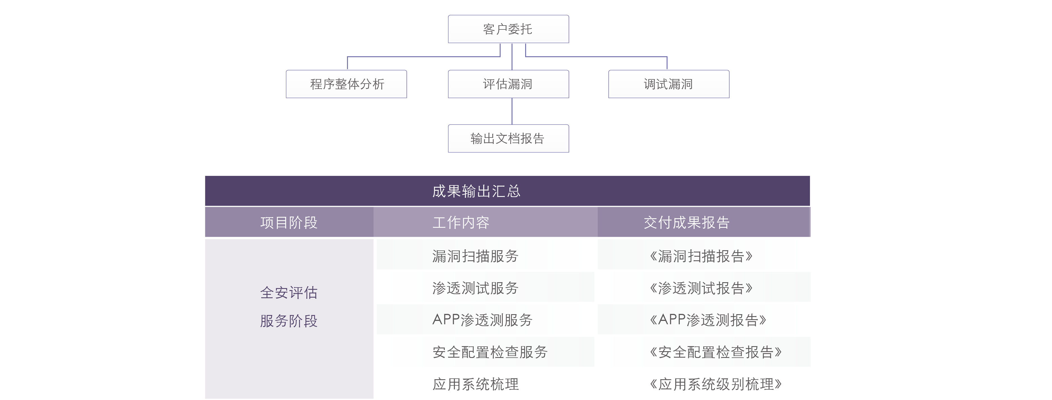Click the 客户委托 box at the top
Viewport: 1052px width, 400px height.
tap(508, 29)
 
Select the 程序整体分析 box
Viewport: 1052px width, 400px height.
tap(346, 84)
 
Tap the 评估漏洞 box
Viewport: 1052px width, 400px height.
tap(508, 84)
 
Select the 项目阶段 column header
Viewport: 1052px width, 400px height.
tap(289, 222)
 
